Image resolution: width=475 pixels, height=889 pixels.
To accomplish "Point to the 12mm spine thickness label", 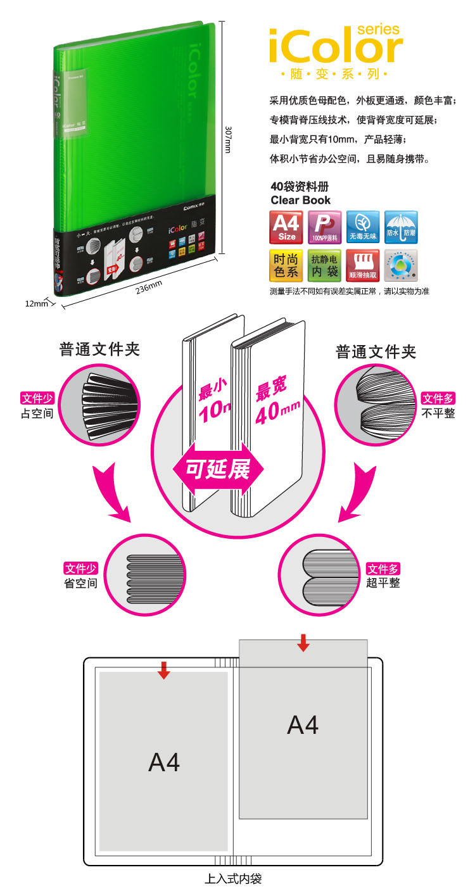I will [x=36, y=303].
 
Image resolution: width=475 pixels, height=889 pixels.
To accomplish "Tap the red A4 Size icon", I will [x=286, y=227].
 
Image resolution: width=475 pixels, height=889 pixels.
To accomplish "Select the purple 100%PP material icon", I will [x=324, y=227].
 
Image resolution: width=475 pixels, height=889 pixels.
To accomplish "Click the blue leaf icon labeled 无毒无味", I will [x=363, y=227].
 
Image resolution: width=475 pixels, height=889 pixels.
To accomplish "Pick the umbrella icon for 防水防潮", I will [x=401, y=227].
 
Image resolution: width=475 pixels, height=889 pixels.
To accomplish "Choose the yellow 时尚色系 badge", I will [x=286, y=265].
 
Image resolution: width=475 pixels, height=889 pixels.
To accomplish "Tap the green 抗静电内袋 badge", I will [x=324, y=265].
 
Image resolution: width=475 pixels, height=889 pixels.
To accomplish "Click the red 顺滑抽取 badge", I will [x=363, y=265].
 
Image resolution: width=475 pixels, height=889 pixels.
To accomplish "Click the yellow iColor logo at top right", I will [x=336, y=46].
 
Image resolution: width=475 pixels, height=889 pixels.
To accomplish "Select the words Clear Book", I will [x=301, y=200].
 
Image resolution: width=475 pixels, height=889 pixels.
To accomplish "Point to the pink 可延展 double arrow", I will [x=217, y=469].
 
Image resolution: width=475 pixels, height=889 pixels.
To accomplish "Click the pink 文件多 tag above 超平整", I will [x=383, y=569].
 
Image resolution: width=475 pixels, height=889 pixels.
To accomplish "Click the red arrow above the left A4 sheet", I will [x=164, y=670].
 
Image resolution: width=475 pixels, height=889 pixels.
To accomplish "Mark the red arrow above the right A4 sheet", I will [x=303, y=642].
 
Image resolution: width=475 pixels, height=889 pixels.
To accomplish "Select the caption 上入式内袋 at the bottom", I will [x=233, y=879].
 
